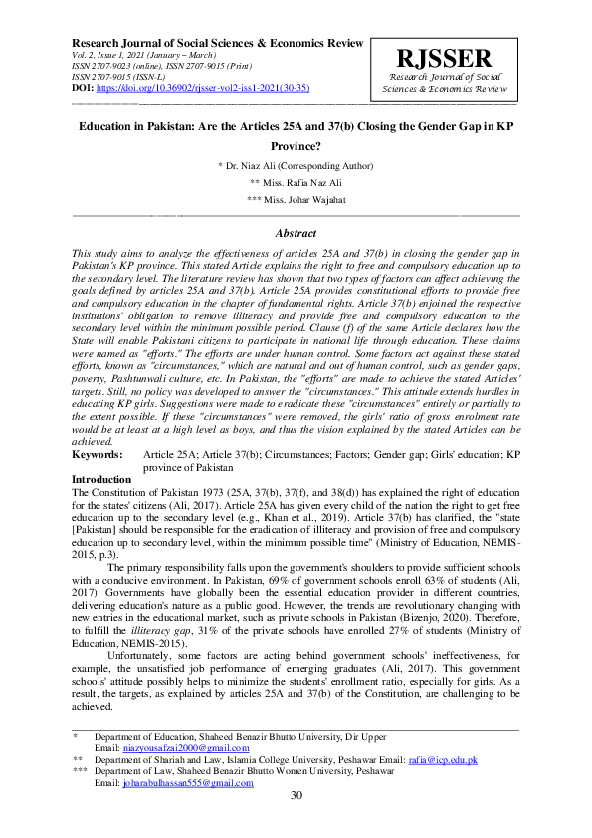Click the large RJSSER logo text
(x=447, y=58)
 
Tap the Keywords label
(x=99, y=453)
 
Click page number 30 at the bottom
(x=296, y=796)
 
